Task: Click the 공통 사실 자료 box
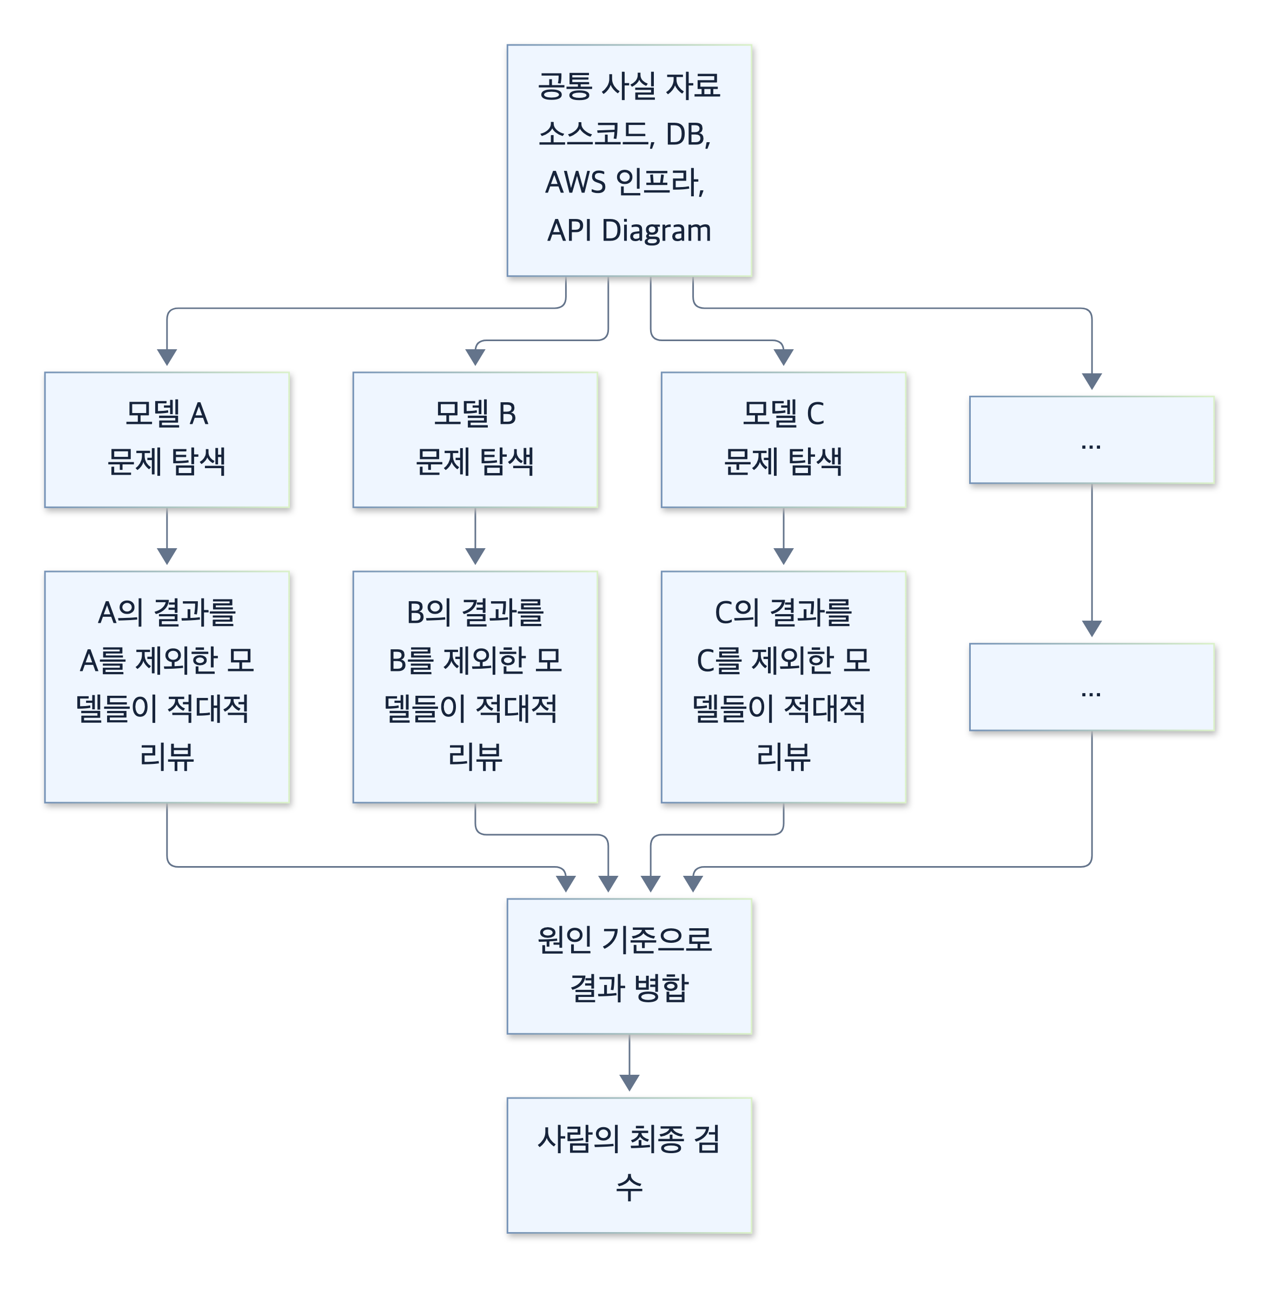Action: pos(630,160)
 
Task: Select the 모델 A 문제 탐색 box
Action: pos(167,440)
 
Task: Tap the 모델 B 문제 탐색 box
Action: pos(475,440)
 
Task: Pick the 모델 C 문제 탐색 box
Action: pos(784,440)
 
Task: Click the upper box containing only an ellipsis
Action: pos(1091,440)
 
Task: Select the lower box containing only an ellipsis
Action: pos(1091,687)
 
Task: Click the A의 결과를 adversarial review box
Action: pos(167,687)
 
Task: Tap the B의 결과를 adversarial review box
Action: pos(475,687)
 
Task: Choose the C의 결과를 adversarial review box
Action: pos(784,687)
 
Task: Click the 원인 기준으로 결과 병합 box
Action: pos(630,966)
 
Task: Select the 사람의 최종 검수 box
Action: pos(630,1165)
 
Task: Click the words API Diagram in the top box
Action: pos(630,230)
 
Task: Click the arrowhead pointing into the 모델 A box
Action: pos(167,357)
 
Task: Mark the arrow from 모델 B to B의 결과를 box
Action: pos(475,536)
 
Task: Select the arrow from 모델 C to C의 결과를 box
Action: pos(784,536)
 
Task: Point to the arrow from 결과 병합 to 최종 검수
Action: pos(630,1062)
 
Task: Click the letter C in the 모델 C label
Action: pos(815,414)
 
